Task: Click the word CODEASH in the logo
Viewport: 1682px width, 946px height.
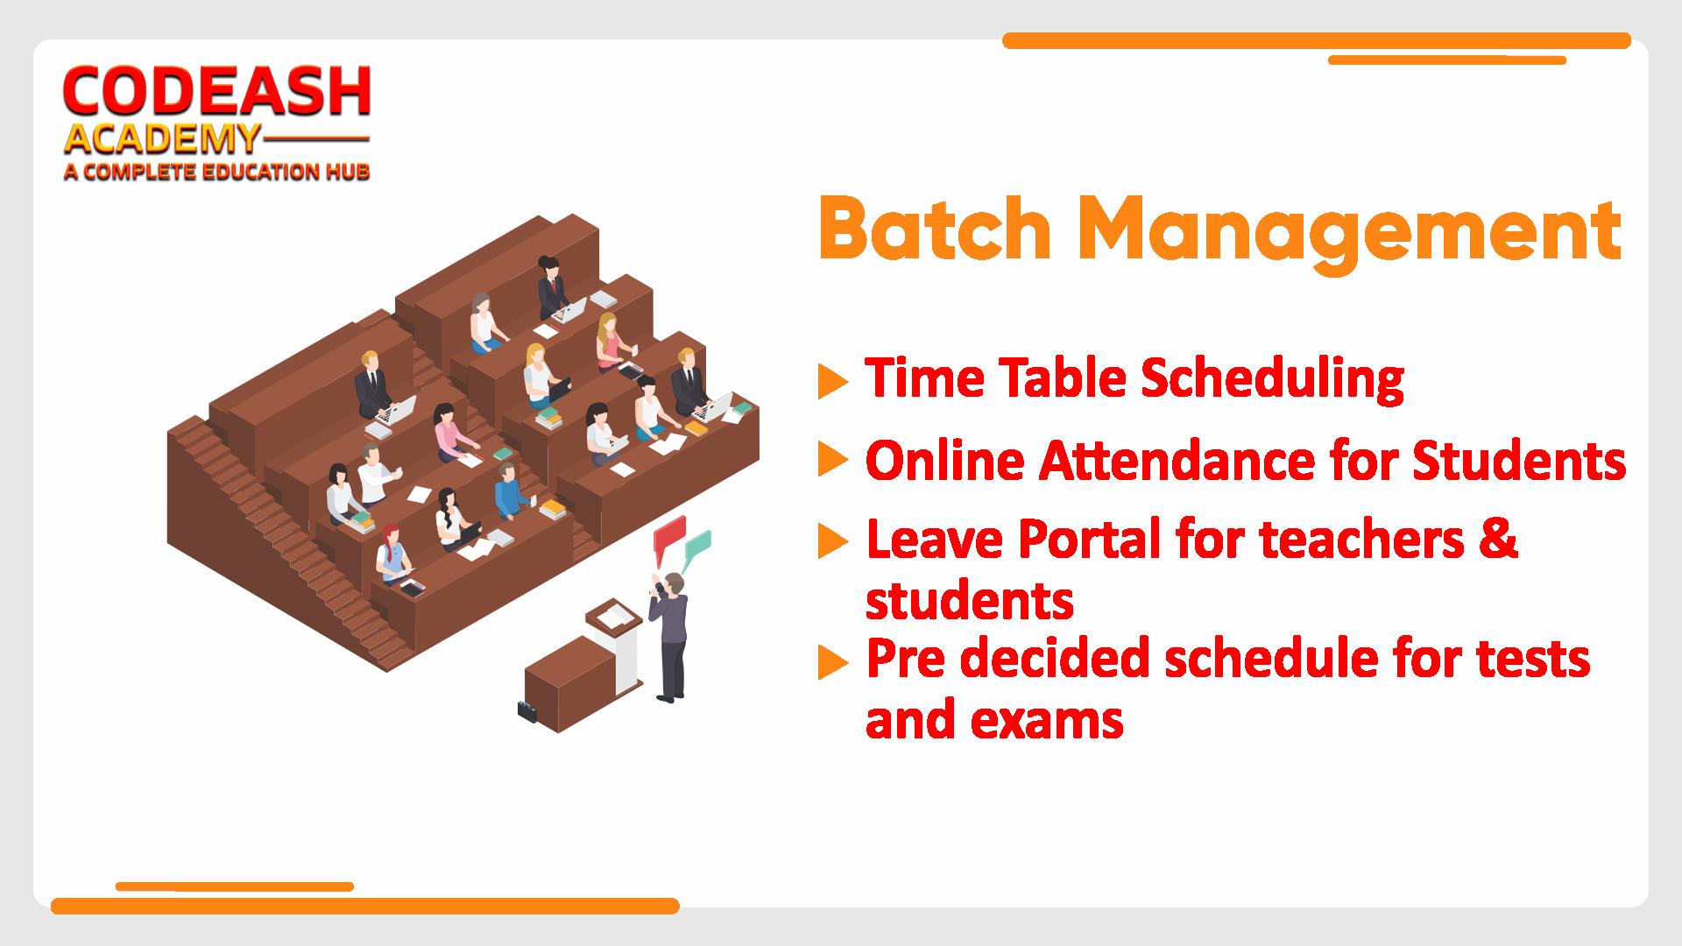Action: [x=217, y=92]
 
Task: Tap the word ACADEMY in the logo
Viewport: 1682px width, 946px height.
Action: [x=162, y=139]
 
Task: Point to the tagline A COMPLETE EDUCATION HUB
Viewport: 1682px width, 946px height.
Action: [x=216, y=171]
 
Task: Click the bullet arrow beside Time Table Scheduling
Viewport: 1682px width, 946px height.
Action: [x=833, y=381]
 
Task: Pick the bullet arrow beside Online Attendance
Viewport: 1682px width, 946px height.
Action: [x=833, y=460]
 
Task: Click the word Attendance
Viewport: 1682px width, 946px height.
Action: [x=1177, y=461]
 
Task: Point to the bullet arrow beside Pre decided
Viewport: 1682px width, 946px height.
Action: [x=833, y=662]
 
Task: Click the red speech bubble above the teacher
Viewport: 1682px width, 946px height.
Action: [x=669, y=535]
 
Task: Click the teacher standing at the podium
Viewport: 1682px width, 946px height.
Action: [x=669, y=634]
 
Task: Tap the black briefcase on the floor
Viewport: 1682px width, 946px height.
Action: [x=527, y=710]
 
